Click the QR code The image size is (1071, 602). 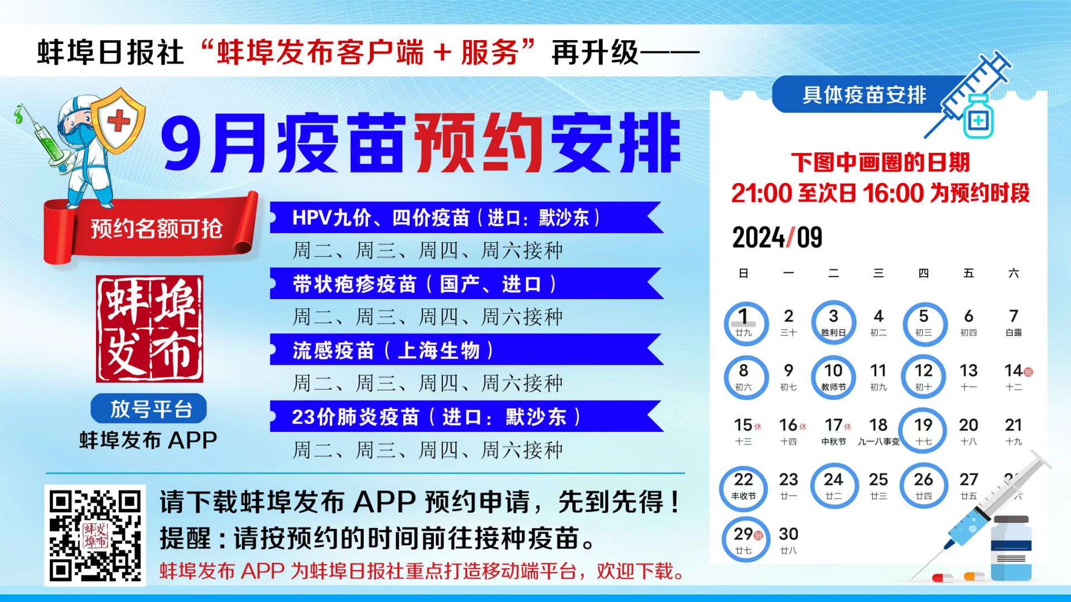click(95, 535)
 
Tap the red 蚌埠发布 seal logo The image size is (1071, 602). click(149, 329)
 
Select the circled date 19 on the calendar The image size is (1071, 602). click(924, 431)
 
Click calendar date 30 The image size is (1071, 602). click(788, 540)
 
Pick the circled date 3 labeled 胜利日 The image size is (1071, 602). click(833, 323)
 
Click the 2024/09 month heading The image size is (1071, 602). click(777, 238)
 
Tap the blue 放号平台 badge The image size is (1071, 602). click(148, 408)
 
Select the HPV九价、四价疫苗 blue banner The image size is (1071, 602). click(466, 218)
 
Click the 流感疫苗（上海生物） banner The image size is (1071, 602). click(466, 350)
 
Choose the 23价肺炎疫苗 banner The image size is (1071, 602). click(466, 416)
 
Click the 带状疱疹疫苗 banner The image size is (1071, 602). click(466, 283)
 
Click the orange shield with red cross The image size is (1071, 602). click(118, 121)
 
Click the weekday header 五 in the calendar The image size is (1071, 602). click(968, 273)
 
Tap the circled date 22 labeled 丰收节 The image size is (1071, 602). click(744, 486)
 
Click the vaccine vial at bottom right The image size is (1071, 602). click(1011, 550)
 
